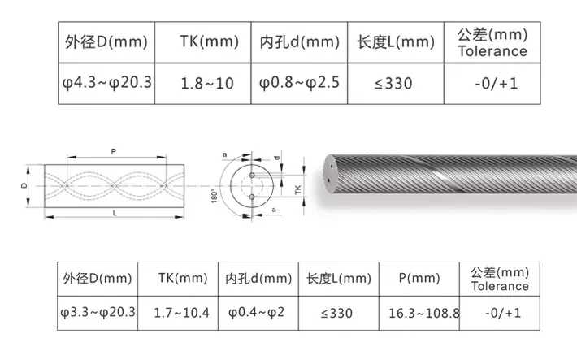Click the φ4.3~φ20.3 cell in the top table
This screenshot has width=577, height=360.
coord(106,83)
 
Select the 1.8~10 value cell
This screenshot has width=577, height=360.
coord(207,84)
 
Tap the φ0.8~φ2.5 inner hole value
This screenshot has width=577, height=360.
coord(299,83)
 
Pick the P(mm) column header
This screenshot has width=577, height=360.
coord(419,278)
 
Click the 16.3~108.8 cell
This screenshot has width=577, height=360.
coord(424,313)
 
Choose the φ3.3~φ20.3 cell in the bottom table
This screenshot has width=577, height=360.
coord(98,313)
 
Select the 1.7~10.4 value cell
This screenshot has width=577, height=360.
coord(181,313)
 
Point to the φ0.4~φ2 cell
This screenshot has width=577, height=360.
coord(257,313)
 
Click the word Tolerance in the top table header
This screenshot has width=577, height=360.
coord(492,51)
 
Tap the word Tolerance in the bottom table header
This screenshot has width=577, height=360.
coord(500,286)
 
